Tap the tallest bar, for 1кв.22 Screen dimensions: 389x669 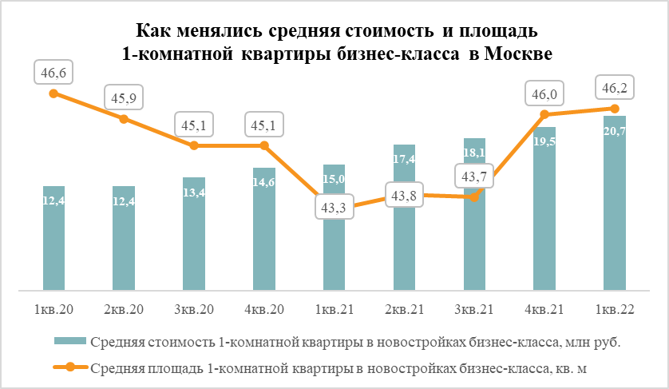coord(614,203)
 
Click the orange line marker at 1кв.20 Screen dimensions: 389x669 coord(53,93)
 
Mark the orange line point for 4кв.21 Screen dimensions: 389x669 coord(544,116)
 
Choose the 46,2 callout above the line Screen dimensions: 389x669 coord(614,88)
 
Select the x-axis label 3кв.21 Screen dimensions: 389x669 coord(474,308)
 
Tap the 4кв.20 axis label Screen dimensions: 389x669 coord(264,308)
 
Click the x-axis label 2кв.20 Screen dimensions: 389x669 coord(124,308)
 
